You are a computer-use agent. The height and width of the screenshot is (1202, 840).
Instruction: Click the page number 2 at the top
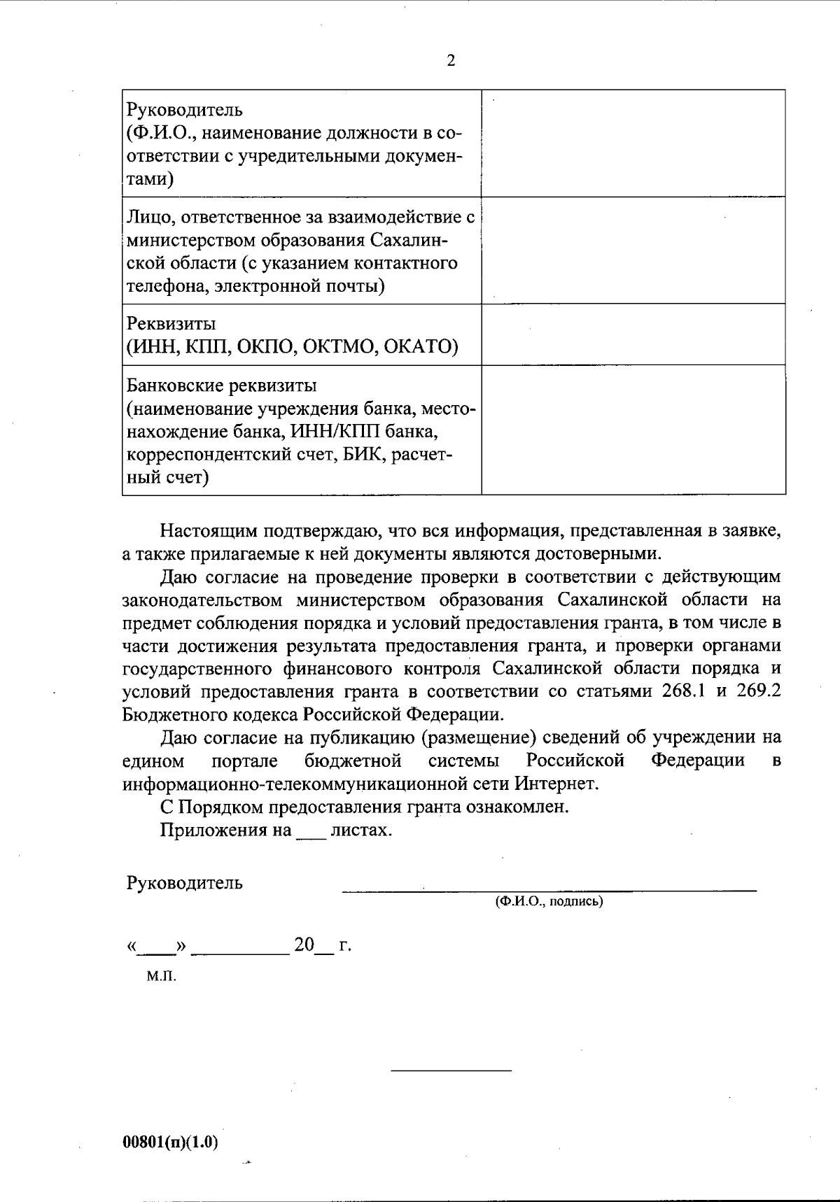coord(451,61)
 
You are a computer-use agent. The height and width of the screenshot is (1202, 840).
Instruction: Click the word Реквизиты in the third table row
coord(171,324)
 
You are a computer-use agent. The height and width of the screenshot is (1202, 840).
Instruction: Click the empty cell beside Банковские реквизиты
coord(633,430)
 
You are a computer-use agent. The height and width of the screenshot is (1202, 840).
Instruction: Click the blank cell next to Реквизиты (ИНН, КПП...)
coord(633,334)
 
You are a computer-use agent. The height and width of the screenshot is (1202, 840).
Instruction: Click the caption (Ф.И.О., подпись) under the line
coord(549,902)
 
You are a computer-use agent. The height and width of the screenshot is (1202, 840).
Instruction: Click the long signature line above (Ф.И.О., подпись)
coord(549,890)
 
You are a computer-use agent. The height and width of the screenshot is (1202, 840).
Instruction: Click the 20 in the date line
coord(304,946)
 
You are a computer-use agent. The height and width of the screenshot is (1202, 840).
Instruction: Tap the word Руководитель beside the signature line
coord(184,883)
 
